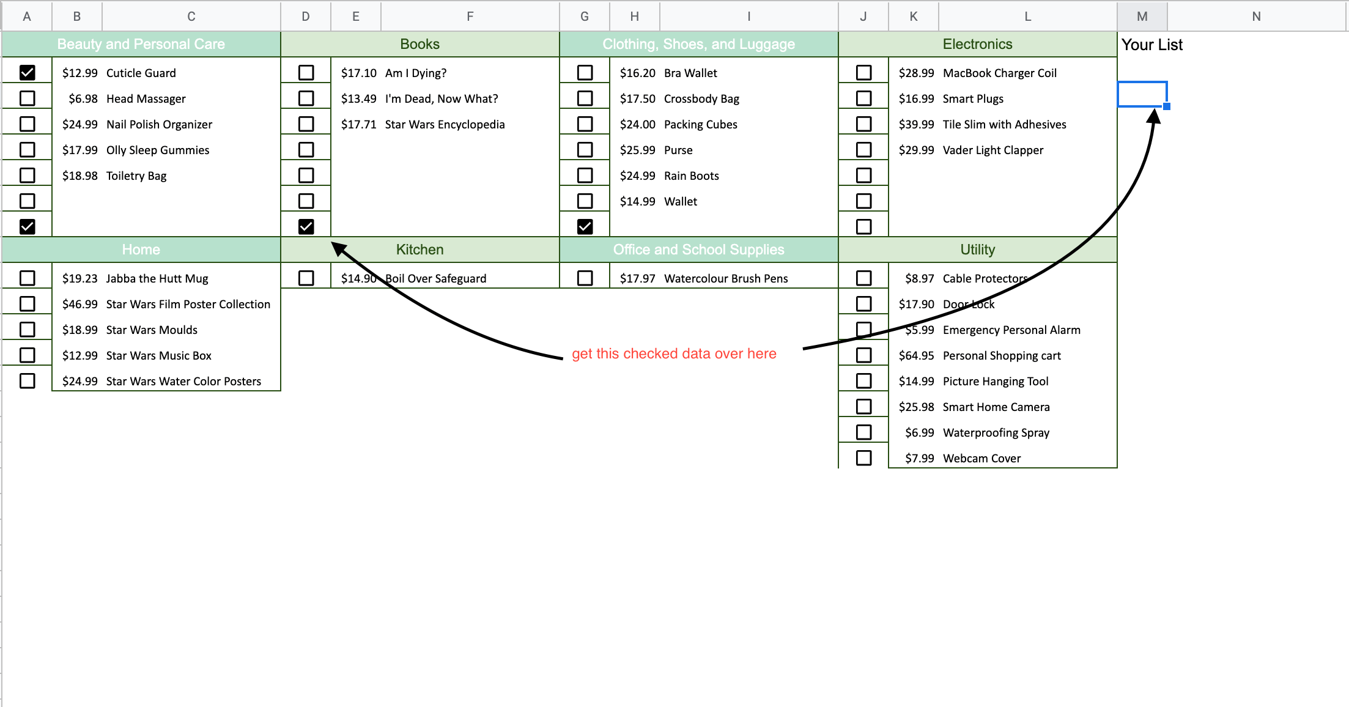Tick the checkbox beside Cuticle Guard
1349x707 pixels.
(x=28, y=73)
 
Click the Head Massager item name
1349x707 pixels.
(x=146, y=99)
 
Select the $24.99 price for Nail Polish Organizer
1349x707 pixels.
(x=80, y=125)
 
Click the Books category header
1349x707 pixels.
(x=419, y=44)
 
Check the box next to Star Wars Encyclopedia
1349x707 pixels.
(x=306, y=124)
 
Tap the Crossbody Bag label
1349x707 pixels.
(x=701, y=99)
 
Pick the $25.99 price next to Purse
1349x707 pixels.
(x=638, y=150)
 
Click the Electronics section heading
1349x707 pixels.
(x=977, y=44)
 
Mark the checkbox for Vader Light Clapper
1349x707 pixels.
(x=864, y=150)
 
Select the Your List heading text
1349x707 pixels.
(x=1152, y=45)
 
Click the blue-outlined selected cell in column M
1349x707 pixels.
(x=1142, y=94)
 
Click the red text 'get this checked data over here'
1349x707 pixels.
(x=674, y=353)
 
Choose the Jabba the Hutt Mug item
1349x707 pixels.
(x=157, y=279)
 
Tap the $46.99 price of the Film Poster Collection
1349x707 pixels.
(x=80, y=305)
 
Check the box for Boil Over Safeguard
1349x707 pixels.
(x=306, y=278)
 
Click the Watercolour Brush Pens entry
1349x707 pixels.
(x=726, y=279)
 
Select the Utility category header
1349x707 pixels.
(x=977, y=250)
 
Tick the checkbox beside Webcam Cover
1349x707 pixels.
(x=864, y=458)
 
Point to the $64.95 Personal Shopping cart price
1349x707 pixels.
(x=917, y=356)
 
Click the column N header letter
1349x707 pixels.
(x=1256, y=17)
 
